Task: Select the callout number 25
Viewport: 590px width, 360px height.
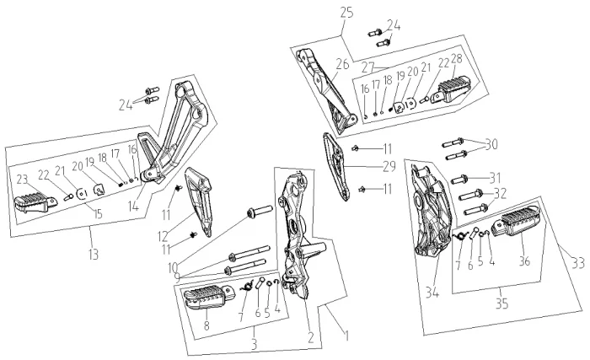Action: (x=346, y=12)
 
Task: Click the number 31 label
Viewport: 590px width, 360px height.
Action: (x=495, y=176)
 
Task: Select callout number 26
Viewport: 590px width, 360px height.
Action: (x=342, y=62)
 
